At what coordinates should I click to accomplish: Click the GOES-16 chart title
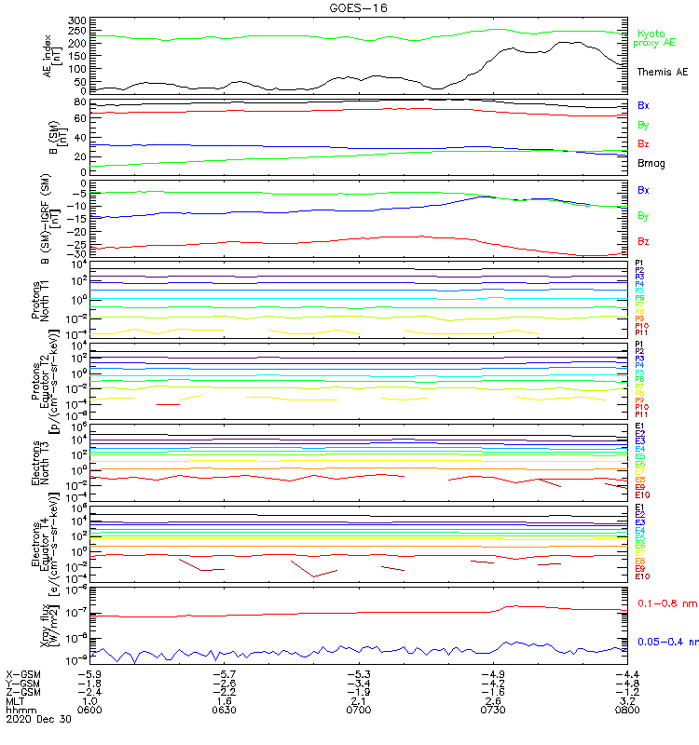(359, 7)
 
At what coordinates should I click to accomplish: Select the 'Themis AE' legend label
(662, 71)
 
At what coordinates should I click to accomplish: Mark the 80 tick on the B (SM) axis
(80, 102)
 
